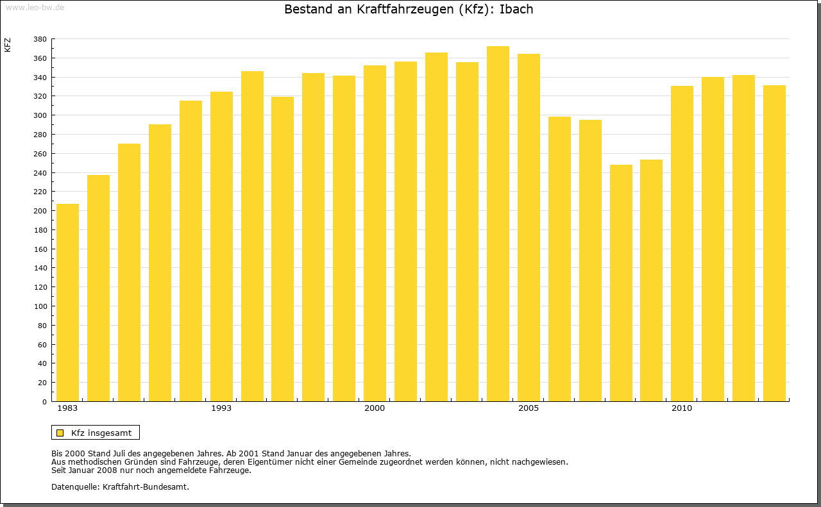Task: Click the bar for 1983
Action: point(67,303)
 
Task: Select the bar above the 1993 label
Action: point(221,247)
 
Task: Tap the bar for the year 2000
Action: point(375,233)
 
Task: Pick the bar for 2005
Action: point(529,228)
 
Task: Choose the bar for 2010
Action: point(682,244)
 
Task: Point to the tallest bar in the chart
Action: point(498,224)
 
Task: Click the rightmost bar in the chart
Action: point(774,244)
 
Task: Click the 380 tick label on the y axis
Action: point(40,39)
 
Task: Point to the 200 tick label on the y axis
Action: point(40,211)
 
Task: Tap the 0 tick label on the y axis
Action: point(44,402)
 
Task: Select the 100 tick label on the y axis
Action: point(40,306)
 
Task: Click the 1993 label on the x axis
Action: point(221,408)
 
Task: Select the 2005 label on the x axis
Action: point(529,408)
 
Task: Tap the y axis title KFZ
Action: point(8,45)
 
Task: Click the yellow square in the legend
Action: point(60,433)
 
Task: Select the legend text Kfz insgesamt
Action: point(101,433)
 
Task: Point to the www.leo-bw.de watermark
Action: point(35,6)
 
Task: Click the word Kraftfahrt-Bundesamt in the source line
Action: point(146,486)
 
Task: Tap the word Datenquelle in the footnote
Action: point(75,486)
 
